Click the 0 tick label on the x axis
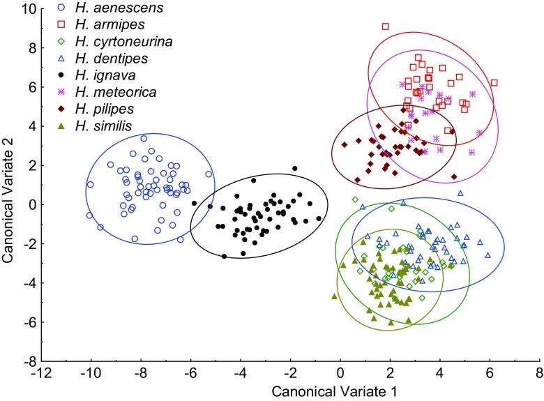point(340,373)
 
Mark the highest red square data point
point(385,27)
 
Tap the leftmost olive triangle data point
point(334,296)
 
